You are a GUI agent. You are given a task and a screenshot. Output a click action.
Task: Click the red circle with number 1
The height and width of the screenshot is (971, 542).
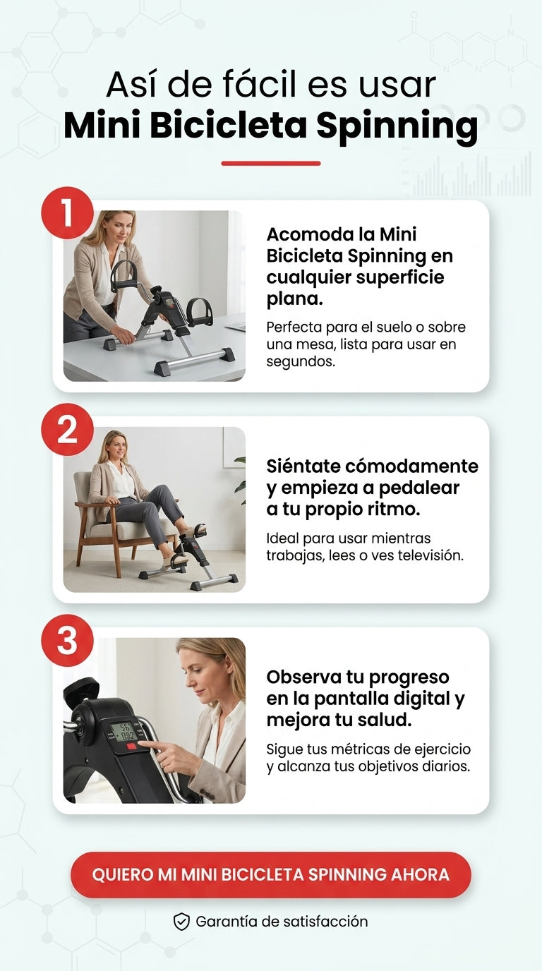(67, 213)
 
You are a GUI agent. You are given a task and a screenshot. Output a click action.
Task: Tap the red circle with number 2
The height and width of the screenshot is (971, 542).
(67, 429)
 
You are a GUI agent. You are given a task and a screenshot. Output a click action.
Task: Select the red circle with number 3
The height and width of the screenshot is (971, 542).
(67, 640)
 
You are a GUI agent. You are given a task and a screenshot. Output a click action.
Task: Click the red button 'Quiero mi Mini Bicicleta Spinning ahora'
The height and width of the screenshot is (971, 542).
(271, 875)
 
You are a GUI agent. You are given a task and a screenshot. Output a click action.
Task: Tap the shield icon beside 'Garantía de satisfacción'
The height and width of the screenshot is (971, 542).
(181, 922)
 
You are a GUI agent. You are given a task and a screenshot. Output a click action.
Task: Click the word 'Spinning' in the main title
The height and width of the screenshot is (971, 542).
(397, 126)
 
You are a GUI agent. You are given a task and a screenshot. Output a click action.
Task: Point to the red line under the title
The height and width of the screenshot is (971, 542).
(271, 164)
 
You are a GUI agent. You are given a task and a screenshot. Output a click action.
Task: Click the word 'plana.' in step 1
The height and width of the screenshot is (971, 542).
(295, 298)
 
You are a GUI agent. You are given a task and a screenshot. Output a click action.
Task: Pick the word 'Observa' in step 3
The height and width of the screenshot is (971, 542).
(303, 677)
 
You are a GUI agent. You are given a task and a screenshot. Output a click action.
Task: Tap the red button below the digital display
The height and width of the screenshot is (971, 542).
(131, 747)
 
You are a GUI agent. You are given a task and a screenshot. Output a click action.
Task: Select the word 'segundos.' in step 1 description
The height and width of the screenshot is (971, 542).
(301, 362)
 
